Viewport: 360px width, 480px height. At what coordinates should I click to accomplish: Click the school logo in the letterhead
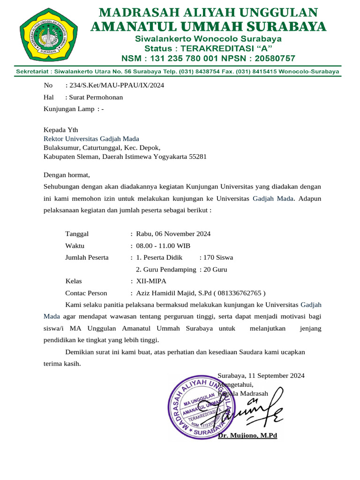[45, 35]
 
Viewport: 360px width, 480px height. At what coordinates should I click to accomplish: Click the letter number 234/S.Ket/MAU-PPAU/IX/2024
[117, 85]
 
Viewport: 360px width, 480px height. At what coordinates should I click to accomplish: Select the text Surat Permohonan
[96, 97]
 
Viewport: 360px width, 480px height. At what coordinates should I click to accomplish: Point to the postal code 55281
[197, 157]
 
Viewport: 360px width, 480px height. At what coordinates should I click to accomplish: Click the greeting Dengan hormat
[66, 175]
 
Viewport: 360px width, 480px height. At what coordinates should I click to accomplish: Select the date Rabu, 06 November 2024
[173, 234]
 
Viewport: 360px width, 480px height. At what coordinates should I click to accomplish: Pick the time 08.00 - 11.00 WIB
[163, 246]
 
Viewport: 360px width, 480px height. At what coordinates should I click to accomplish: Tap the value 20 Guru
[215, 270]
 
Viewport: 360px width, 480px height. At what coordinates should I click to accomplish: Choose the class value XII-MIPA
[151, 281]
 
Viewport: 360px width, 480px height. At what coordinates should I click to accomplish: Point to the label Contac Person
[86, 293]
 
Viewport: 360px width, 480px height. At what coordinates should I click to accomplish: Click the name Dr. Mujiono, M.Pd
[247, 435]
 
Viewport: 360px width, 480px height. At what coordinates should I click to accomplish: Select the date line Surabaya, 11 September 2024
[261, 375]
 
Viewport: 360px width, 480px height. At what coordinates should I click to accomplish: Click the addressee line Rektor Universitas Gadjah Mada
[91, 139]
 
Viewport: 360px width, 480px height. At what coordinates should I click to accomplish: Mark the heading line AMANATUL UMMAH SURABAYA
[208, 27]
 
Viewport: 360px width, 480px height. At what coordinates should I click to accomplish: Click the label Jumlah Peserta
[87, 257]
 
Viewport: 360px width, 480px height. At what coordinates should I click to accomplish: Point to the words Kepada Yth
[61, 130]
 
